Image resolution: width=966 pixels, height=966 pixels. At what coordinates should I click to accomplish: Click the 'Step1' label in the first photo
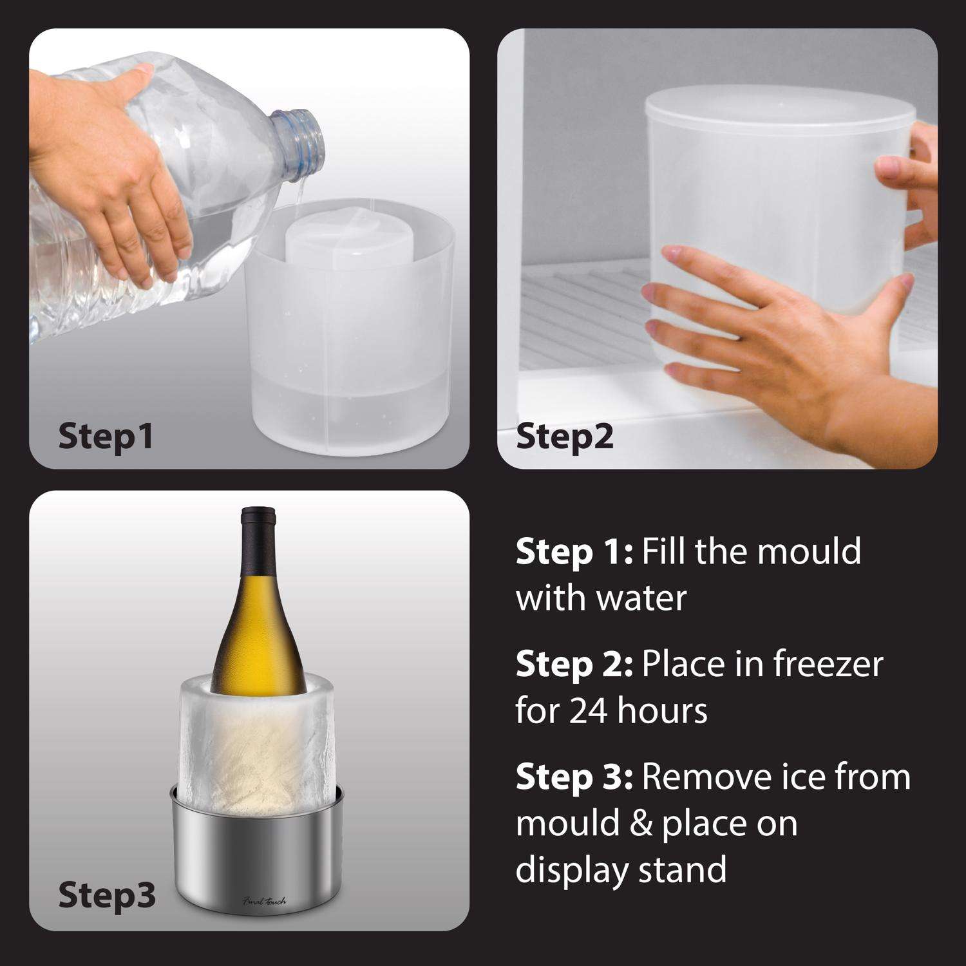106,436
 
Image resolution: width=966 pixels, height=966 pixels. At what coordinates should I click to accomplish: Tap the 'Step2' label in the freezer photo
564,436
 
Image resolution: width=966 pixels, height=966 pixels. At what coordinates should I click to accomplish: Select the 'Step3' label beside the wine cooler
106,895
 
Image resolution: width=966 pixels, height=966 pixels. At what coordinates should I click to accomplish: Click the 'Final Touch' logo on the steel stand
264,900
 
